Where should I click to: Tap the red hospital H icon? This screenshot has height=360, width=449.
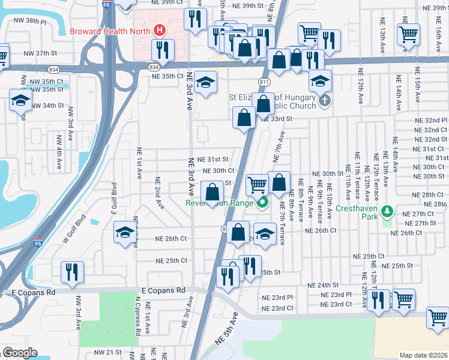160,29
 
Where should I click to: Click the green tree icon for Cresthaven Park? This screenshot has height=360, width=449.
388,211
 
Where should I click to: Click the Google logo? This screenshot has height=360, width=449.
19,353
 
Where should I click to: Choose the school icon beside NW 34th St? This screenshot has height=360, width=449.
20,100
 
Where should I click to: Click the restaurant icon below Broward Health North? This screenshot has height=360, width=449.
162,50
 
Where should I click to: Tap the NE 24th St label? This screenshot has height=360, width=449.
323,285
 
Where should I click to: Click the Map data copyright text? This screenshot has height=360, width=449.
424,355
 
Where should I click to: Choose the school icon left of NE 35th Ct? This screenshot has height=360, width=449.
205,83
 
